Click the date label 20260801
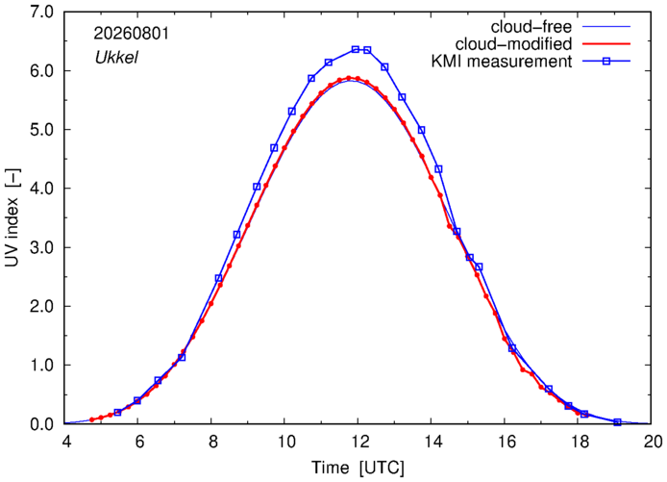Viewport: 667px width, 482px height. (131, 34)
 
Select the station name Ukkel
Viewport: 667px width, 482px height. (116, 57)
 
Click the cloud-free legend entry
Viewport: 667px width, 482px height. (531, 27)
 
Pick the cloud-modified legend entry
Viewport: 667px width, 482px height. (513, 44)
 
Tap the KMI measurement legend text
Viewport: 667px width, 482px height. (502, 62)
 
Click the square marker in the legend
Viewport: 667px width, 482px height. (606, 62)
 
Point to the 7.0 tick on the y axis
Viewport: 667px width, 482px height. (41, 12)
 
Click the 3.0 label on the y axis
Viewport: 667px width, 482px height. (41, 247)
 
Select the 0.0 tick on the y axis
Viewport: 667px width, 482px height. (41, 424)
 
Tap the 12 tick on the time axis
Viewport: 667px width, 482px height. (358, 442)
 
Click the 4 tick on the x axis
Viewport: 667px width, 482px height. (66, 442)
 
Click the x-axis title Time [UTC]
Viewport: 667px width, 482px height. (358, 468)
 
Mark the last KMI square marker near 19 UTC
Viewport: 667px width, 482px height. (617, 422)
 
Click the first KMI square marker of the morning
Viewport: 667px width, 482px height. (118, 412)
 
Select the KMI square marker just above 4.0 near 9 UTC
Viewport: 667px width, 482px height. (257, 187)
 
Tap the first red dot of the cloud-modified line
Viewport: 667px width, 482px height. (91, 419)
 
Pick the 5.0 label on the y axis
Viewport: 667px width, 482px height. (41, 130)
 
